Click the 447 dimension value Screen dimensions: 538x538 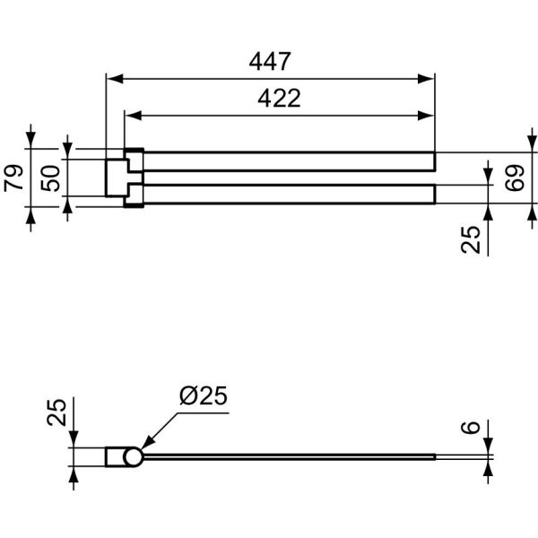[270, 61]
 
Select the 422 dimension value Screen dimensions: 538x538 [279, 98]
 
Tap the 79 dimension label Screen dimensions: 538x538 [13, 178]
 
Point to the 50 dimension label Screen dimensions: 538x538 [50, 178]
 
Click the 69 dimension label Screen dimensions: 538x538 [515, 178]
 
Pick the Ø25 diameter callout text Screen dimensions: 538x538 [204, 395]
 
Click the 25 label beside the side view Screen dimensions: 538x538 [56, 412]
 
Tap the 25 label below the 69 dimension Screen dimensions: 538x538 [471, 239]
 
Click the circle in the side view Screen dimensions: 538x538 [133, 457]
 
